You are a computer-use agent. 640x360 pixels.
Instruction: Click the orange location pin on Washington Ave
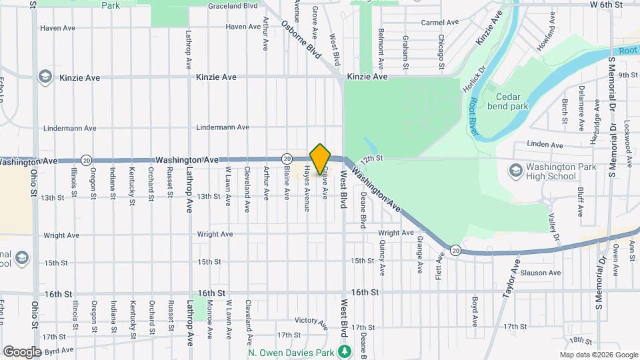click(x=321, y=158)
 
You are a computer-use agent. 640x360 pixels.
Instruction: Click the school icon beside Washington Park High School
click(x=515, y=171)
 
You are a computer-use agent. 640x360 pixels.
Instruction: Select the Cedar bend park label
click(x=510, y=100)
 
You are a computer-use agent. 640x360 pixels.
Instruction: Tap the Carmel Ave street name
click(x=440, y=22)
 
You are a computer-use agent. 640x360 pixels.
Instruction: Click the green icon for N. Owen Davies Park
click(x=345, y=351)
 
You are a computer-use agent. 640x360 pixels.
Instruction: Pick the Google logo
click(x=22, y=351)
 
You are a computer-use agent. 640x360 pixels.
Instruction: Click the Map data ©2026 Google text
click(x=599, y=355)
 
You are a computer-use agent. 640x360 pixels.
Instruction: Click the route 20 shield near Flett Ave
click(x=455, y=250)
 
